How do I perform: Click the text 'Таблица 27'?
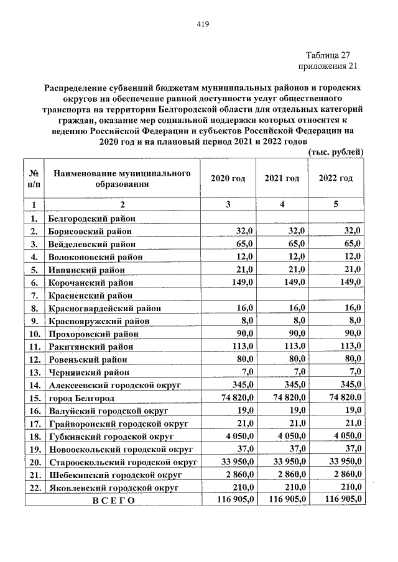click(330, 55)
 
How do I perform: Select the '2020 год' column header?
click(228, 178)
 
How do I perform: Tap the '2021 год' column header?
click(282, 178)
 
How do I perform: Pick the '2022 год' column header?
click(336, 178)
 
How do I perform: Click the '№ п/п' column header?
click(35, 178)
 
